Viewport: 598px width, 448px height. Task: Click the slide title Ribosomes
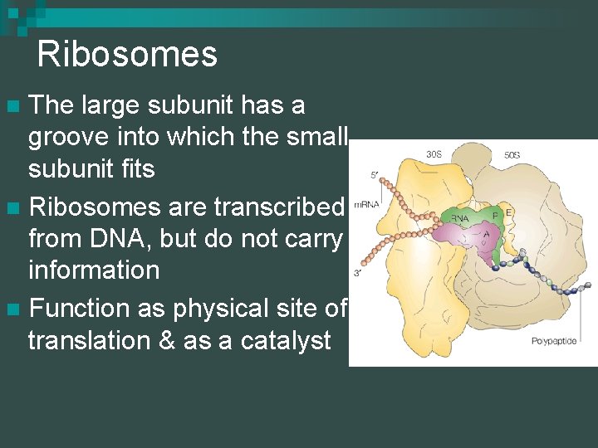(127, 55)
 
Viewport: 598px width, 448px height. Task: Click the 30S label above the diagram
(434, 154)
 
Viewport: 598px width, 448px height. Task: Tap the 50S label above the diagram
(512, 155)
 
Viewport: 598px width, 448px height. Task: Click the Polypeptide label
(553, 341)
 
